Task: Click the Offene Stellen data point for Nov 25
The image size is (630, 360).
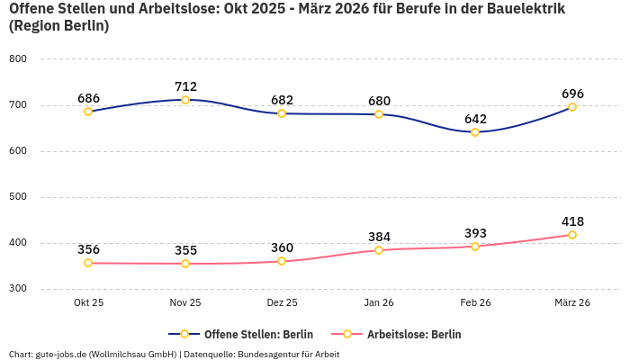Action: [185, 100]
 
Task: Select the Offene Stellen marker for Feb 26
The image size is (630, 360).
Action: [475, 132]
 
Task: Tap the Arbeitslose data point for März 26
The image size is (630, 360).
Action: [572, 235]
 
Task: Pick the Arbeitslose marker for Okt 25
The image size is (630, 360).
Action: [88, 263]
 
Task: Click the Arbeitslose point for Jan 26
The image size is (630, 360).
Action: [379, 250]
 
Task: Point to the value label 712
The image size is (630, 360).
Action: [185, 86]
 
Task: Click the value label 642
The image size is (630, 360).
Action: [475, 119]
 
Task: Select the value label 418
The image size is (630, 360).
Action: [572, 221]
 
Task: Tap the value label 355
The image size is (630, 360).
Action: [185, 250]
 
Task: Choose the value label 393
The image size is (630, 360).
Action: [475, 233]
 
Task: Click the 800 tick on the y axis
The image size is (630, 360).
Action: [18, 59]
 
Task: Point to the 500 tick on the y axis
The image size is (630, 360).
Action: [18, 197]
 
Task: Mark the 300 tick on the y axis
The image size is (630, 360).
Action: [18, 289]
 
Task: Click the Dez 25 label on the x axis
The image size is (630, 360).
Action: [282, 303]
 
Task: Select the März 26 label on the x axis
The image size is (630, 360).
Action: [572, 303]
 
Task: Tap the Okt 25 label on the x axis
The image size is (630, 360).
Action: [88, 303]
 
